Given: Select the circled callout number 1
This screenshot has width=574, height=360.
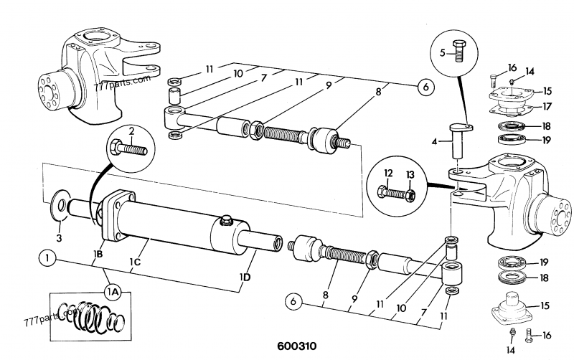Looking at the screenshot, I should (47, 255).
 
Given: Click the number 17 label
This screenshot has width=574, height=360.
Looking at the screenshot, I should (547, 107).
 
